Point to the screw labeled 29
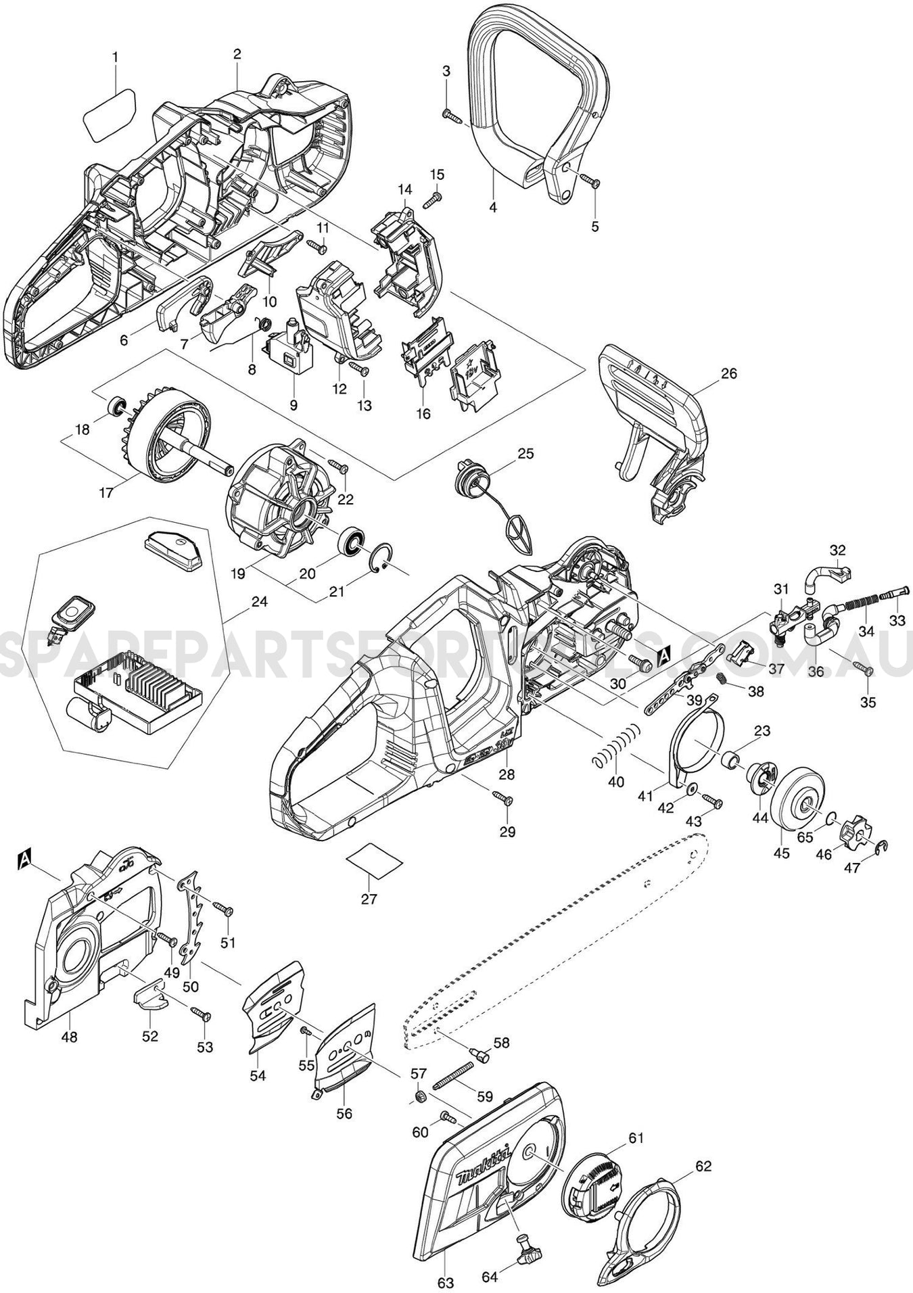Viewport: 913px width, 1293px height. tap(503, 799)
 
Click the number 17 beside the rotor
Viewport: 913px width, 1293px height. tap(106, 492)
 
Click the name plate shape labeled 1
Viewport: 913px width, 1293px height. tap(109, 116)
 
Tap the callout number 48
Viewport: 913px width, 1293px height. tap(70, 1054)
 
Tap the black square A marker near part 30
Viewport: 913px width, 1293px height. tap(663, 653)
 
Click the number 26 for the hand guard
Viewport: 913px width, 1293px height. tap(730, 373)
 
